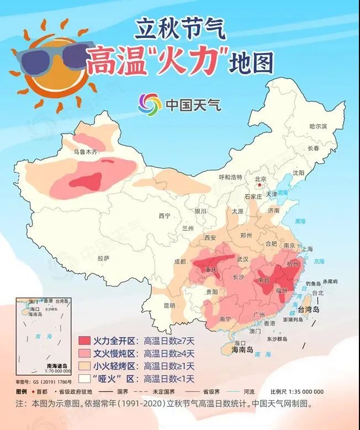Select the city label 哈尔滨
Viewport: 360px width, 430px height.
point(319,126)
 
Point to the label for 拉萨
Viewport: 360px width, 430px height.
point(103,258)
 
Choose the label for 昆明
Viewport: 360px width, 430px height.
point(169,305)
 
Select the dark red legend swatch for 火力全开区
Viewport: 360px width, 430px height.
point(92,340)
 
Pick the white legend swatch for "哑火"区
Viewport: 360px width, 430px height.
point(92,379)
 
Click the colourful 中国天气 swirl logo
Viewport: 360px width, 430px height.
point(150,103)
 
